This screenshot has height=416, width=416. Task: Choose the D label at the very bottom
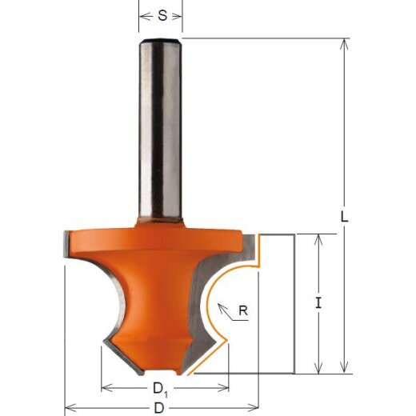pyautogui.click(x=161, y=408)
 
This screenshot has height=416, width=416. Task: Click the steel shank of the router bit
pyautogui.click(x=161, y=128)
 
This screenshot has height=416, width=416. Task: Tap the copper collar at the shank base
pyautogui.click(x=161, y=218)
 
